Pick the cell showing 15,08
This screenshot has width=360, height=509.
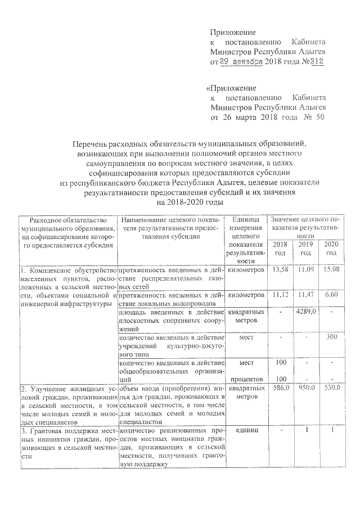332,271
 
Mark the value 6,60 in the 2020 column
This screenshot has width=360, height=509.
332,295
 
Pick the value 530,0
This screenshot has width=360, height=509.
332,389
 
